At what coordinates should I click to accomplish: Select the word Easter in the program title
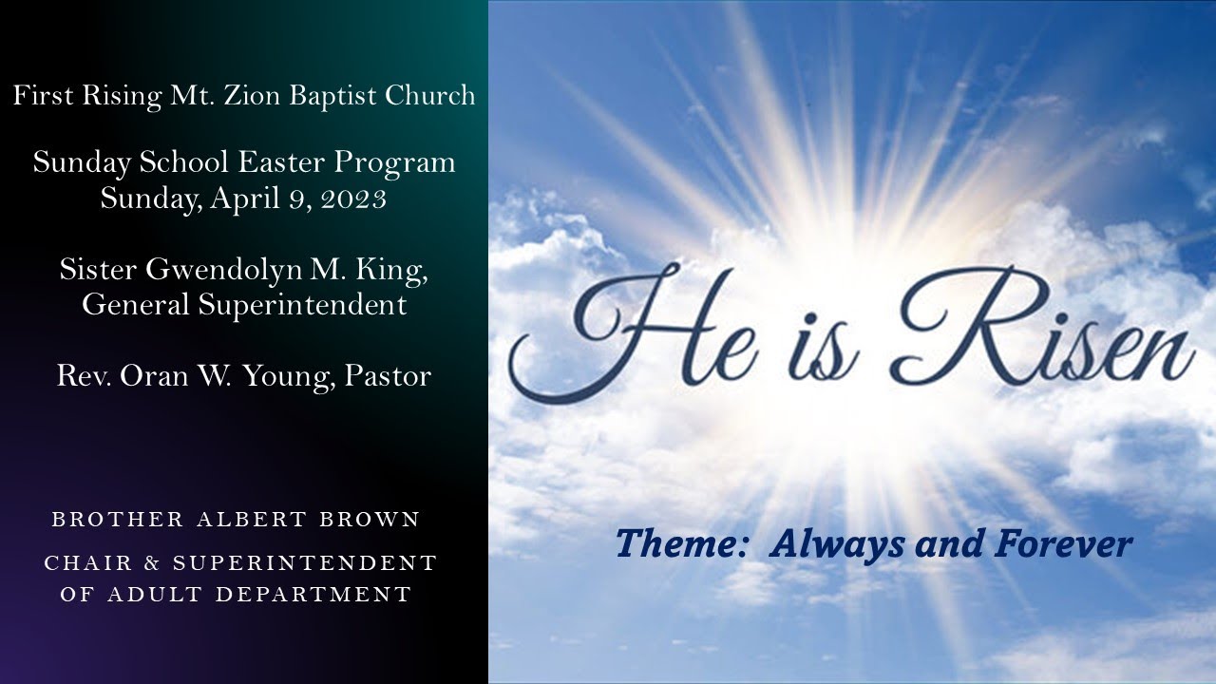point(281,162)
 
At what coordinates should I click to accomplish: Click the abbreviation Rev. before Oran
point(78,376)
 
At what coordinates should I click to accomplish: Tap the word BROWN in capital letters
point(372,521)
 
